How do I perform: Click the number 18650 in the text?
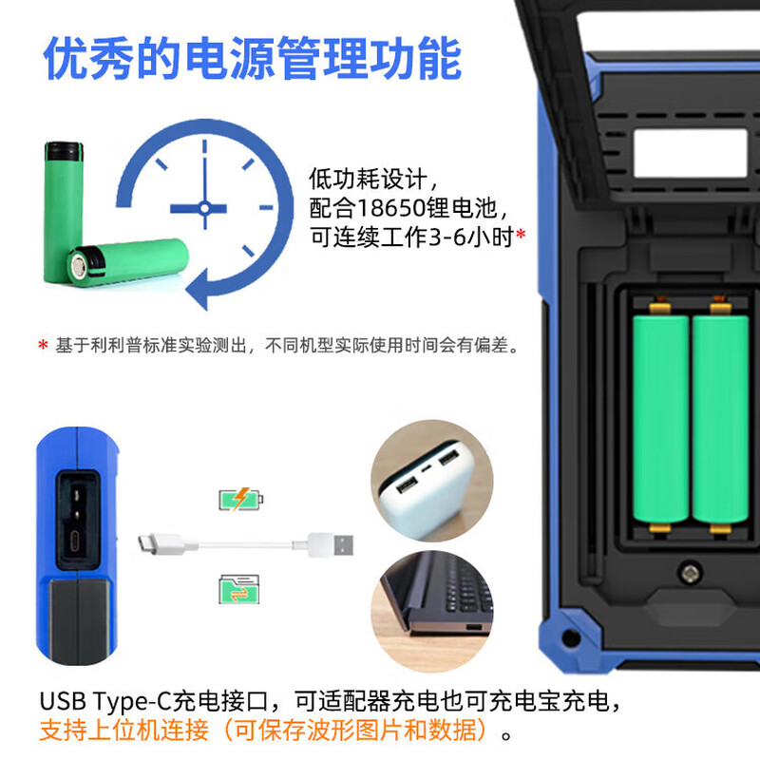pyautogui.click(x=391, y=208)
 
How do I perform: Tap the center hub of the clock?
pyautogui.click(x=204, y=208)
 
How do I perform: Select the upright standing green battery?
pyautogui.click(x=63, y=212)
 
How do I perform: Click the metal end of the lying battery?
pyautogui.click(x=79, y=266)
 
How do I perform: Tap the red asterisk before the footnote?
pyautogui.click(x=43, y=345)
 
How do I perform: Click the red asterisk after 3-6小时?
pyautogui.click(x=521, y=235)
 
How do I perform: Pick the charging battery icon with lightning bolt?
pyautogui.click(x=241, y=499)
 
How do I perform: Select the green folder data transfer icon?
pyautogui.click(x=239, y=589)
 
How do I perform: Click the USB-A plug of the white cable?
pyautogui.click(x=331, y=544)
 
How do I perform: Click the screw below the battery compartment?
pyautogui.click(x=690, y=573)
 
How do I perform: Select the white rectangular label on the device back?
pyautogui.click(x=691, y=153)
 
